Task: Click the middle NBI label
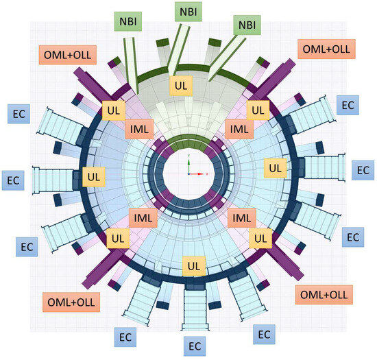186,12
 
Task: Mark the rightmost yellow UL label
274,167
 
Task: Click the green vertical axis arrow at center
188,162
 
